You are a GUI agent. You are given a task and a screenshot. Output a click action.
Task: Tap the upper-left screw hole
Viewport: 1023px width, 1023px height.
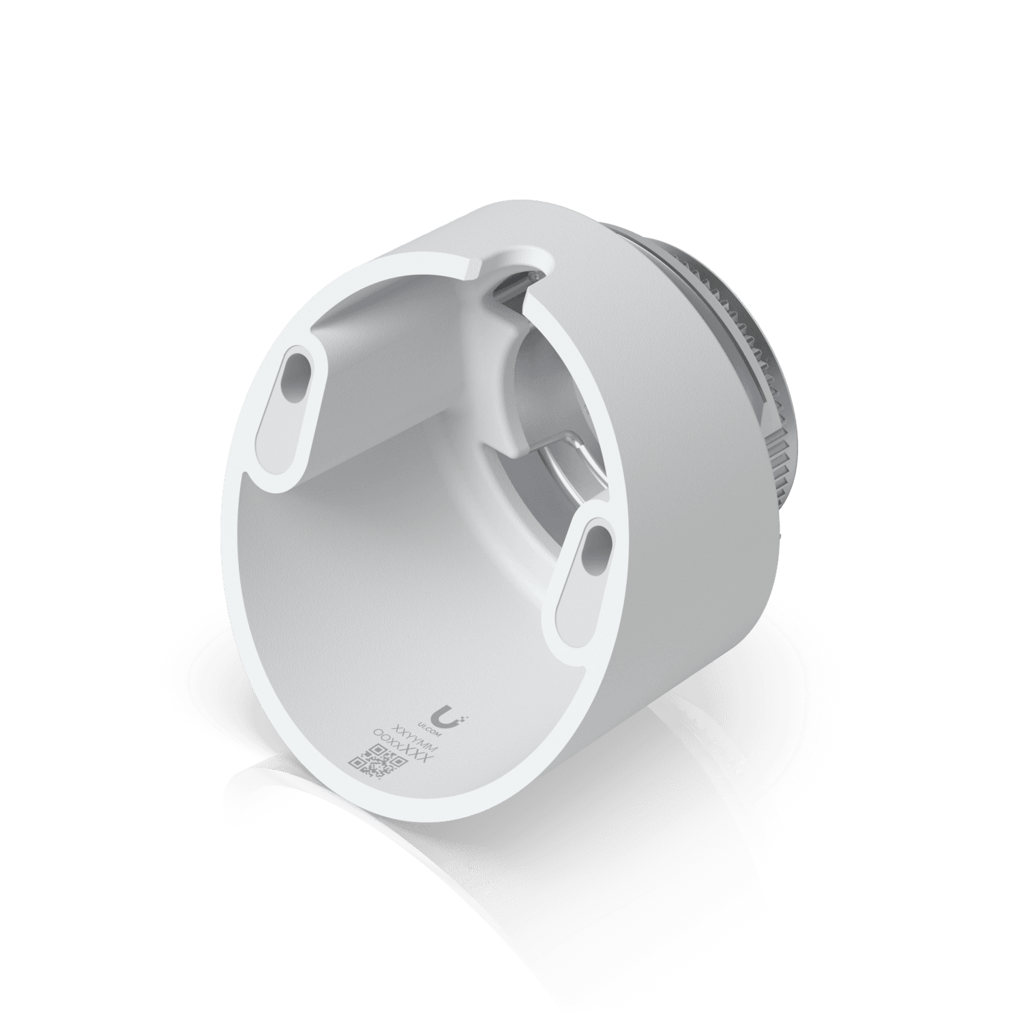(297, 379)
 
